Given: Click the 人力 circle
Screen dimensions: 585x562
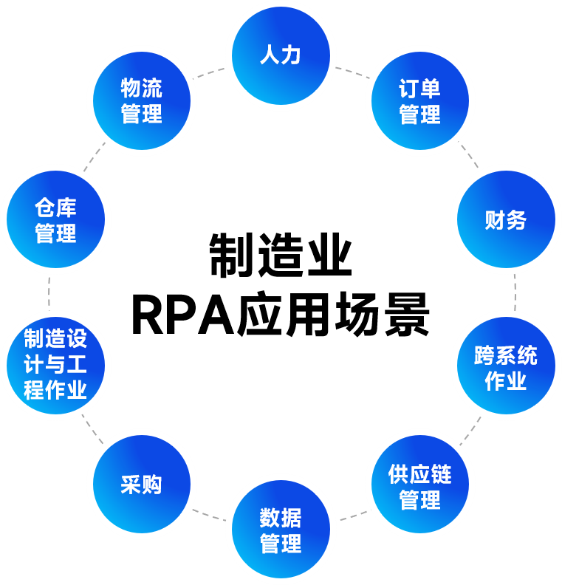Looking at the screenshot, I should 281,55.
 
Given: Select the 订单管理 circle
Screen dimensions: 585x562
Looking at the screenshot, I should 419,101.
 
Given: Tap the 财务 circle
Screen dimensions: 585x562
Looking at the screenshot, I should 505,219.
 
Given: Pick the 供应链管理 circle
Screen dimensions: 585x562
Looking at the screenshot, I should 419,486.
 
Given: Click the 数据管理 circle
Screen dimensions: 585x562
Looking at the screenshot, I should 281,530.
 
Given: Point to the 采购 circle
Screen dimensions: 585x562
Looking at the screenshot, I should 141,485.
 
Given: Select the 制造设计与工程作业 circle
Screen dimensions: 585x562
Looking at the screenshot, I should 55,365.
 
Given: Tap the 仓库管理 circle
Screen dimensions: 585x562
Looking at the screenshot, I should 55,219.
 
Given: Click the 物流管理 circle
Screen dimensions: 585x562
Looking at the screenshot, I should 141,101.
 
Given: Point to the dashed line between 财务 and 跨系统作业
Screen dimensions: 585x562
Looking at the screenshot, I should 515,292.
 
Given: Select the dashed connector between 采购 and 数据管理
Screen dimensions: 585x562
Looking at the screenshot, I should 208,514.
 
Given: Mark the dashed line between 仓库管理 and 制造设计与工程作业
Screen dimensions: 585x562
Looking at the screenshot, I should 49,292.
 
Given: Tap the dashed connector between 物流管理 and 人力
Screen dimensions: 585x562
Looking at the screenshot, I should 210,72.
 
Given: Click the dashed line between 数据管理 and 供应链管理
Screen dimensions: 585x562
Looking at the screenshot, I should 353,514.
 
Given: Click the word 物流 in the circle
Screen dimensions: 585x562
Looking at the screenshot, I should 141,89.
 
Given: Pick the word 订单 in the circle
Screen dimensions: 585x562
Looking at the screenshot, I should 419,89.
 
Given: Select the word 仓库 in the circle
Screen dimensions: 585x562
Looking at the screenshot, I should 55,207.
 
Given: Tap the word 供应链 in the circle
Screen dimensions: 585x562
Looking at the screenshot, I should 419,474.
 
